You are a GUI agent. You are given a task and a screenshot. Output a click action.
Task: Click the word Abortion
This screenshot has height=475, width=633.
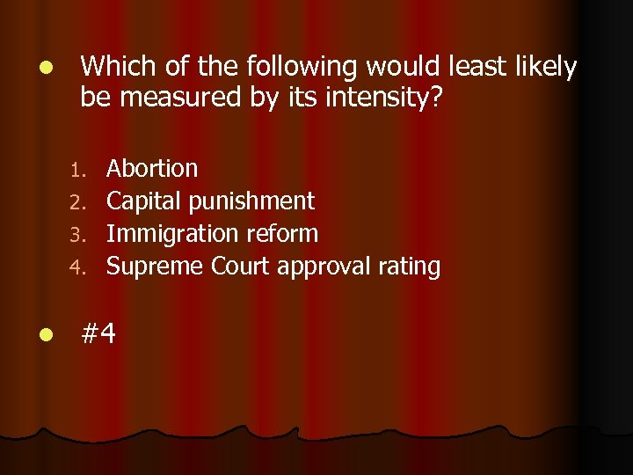click(152, 168)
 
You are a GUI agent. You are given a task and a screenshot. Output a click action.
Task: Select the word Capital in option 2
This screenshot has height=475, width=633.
click(141, 201)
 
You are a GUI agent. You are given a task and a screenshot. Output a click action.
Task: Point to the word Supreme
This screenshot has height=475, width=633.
click(155, 267)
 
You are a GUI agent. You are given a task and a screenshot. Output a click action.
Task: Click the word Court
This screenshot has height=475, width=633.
click(240, 266)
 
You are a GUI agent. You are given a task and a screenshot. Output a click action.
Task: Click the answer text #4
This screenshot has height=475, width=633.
click(98, 332)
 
